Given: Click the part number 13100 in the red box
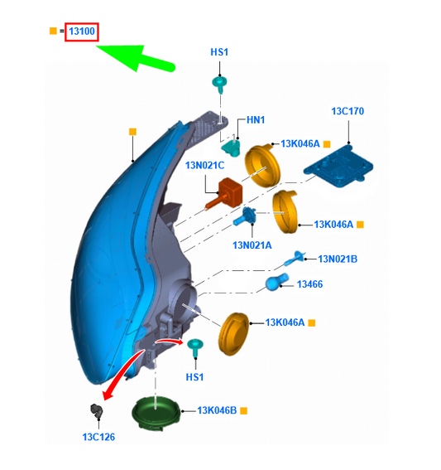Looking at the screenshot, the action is [x=82, y=31].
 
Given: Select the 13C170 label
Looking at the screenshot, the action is [x=348, y=111].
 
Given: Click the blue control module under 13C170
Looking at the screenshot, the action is [x=338, y=167].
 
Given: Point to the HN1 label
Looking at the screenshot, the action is [x=256, y=120].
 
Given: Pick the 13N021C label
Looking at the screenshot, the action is [x=204, y=166].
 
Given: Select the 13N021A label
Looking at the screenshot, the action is [x=252, y=245].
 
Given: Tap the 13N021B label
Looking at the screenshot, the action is [x=338, y=259].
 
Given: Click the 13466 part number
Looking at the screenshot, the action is [x=309, y=284].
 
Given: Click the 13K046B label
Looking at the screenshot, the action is [x=217, y=410].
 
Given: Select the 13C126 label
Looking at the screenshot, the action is [x=98, y=437].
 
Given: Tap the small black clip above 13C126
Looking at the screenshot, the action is [x=97, y=410].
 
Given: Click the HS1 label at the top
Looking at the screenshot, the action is [x=219, y=52].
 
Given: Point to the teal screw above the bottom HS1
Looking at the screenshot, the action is [x=195, y=347].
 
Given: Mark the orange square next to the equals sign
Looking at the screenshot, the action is [x=53, y=31].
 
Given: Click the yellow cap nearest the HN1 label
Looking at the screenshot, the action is [x=262, y=166].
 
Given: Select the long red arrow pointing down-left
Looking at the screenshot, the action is [x=122, y=371].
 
